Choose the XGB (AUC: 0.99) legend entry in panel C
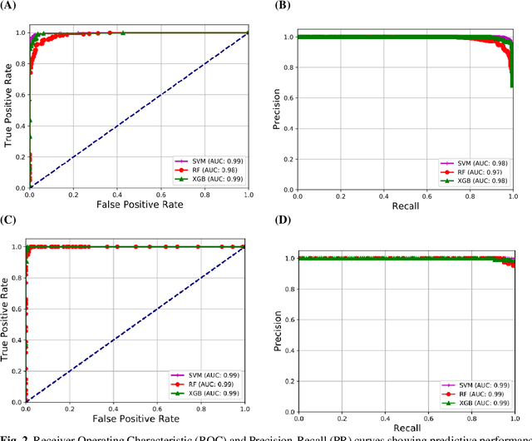(x=208, y=392)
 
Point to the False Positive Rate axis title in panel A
(x=139, y=204)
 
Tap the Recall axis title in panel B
(x=405, y=204)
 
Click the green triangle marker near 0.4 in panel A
(x=123, y=32)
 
